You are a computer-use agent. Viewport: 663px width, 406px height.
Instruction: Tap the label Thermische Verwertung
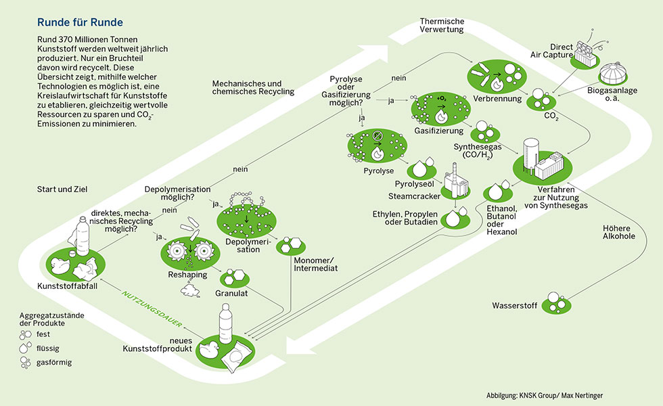pyautogui.click(x=442, y=26)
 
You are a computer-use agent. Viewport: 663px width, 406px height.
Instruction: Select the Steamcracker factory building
pyautogui.click(x=454, y=183)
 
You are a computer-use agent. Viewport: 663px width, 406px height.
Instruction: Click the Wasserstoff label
pyautogui.click(x=514, y=307)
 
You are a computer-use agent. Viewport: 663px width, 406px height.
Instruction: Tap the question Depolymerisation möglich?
pyautogui.click(x=177, y=194)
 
